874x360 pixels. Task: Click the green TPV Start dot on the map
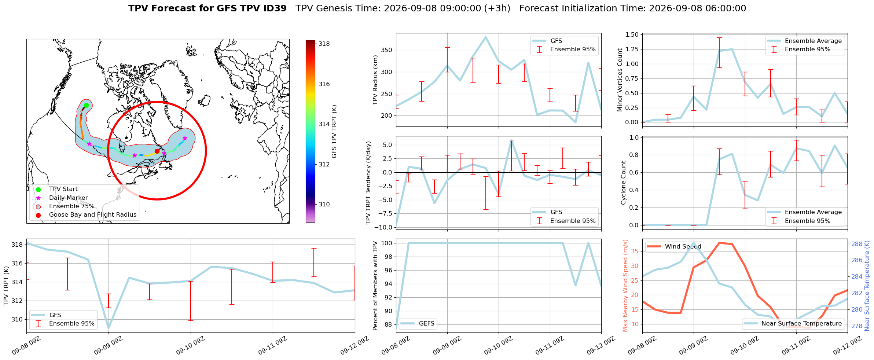[x=86, y=105]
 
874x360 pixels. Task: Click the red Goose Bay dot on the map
[x=157, y=151]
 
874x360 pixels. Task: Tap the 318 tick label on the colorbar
[x=324, y=44]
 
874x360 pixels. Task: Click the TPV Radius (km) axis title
[x=375, y=80]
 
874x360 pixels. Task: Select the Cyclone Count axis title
[x=624, y=182]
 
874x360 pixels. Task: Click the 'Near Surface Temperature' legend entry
[x=793, y=323]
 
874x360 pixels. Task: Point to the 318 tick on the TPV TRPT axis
[x=17, y=245]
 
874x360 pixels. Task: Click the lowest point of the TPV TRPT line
[x=109, y=328]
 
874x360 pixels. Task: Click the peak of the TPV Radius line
[x=486, y=37]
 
